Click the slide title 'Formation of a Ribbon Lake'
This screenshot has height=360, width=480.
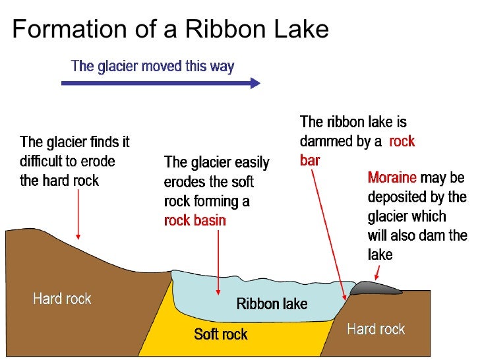[x=170, y=30]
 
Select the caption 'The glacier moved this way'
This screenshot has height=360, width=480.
[x=152, y=66]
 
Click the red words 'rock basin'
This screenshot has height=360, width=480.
[x=195, y=221]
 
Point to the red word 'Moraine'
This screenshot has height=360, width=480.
[x=392, y=178]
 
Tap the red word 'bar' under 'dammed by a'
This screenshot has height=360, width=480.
[x=310, y=160]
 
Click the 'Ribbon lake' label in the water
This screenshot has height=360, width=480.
[x=272, y=304]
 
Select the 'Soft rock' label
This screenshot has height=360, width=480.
[x=221, y=334]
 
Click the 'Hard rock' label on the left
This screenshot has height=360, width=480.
[x=62, y=299]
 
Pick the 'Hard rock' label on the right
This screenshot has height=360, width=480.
[x=376, y=328]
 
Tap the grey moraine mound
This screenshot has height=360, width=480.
[x=375, y=287]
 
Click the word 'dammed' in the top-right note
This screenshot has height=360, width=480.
[x=328, y=141]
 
